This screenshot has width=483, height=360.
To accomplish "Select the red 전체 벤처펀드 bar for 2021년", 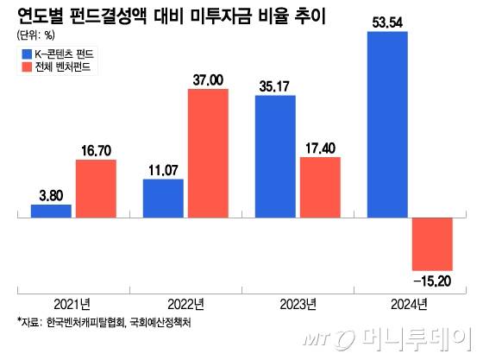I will (95, 187).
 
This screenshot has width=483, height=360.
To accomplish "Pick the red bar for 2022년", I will (207, 153).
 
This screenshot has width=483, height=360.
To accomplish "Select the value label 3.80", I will (51, 195).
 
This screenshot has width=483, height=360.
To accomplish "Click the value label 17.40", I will (320, 148).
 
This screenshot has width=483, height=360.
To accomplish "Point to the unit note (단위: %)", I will (34, 36).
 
